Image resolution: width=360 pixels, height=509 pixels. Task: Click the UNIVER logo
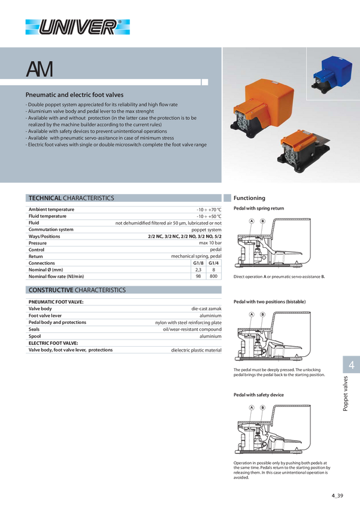[x=78, y=27]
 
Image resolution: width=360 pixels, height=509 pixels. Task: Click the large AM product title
[x=40, y=69]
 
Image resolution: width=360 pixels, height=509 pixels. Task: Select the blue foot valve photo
[x=332, y=75]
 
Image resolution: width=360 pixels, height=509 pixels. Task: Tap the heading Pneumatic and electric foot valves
[x=74, y=95]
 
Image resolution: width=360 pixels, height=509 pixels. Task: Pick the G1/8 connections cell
[x=198, y=263]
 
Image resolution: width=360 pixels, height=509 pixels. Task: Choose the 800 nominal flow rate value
[x=214, y=276]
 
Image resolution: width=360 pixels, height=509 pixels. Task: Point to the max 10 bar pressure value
[x=210, y=243]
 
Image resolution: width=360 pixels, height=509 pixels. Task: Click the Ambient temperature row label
[x=52, y=210]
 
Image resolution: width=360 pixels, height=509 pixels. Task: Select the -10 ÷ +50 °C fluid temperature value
[x=209, y=216]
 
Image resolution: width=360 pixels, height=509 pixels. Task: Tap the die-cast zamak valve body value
[x=207, y=309]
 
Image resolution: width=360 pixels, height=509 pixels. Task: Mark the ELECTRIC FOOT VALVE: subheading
[x=53, y=343]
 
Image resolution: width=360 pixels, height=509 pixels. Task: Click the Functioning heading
[x=249, y=198]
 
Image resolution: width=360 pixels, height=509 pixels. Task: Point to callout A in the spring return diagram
[x=252, y=221]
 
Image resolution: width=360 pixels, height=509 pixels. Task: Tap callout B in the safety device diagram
[x=262, y=407]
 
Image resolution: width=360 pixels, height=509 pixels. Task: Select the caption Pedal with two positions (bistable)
[x=270, y=302]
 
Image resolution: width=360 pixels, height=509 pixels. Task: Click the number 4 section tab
[x=351, y=365]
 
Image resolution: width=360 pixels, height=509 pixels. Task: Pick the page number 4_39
[x=337, y=496]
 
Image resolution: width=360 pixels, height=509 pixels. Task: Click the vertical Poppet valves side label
[x=346, y=393]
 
